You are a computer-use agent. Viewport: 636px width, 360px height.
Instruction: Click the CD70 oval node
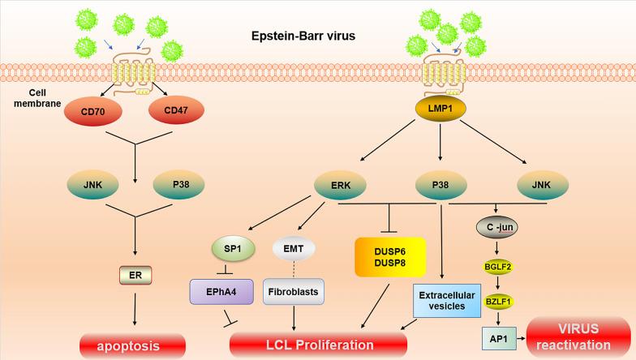[97, 108]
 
